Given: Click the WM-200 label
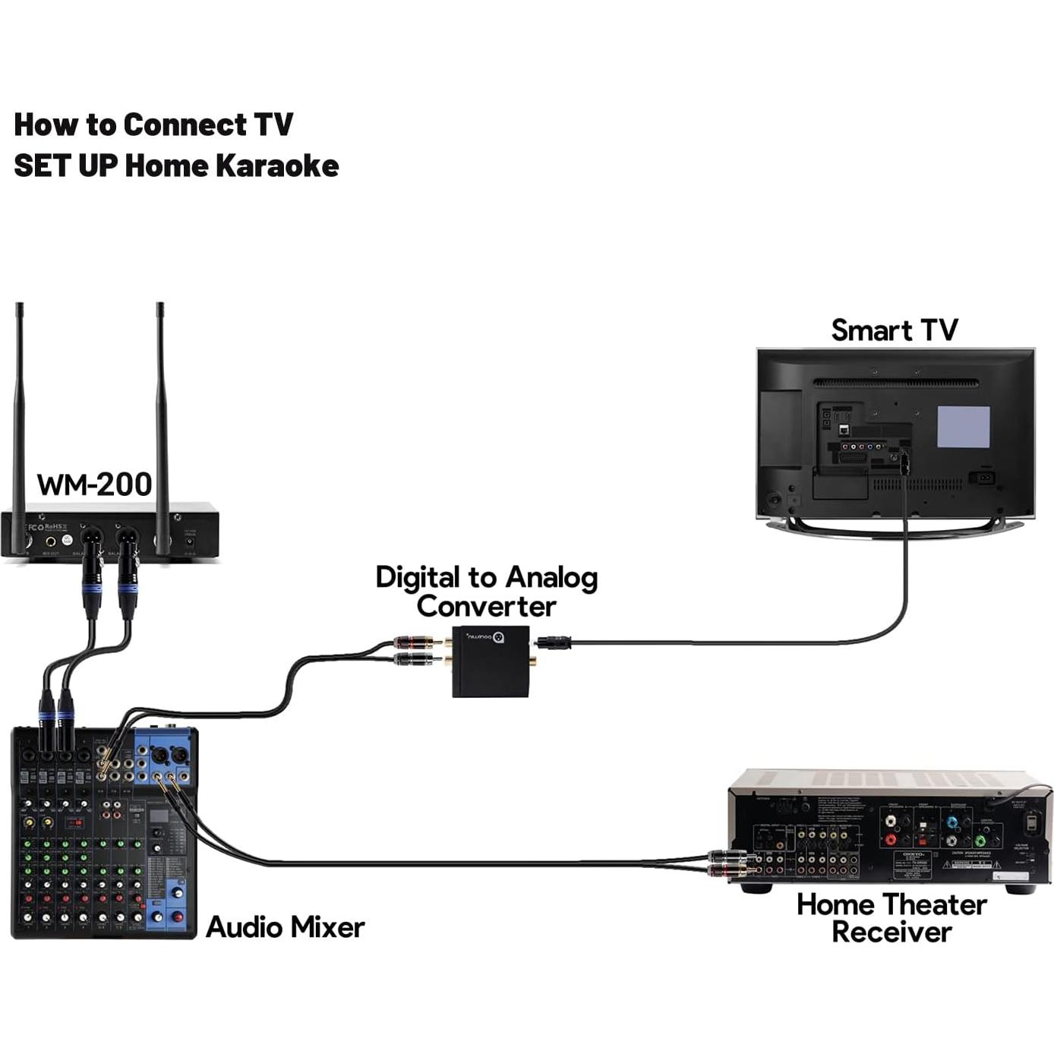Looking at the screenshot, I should point(94,484).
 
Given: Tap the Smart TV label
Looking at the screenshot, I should point(894,330).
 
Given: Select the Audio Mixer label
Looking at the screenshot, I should point(285,927).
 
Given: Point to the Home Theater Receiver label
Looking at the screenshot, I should point(891,918).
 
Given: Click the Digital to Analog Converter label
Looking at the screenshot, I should point(486,592).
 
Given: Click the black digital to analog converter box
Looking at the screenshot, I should point(491,661).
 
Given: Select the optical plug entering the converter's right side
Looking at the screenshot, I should point(553,643).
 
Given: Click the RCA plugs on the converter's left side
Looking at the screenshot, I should point(414,651).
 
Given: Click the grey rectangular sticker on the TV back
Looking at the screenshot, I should point(963,427).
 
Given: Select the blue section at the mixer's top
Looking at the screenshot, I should point(163,756).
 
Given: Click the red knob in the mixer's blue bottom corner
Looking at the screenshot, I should point(177,917).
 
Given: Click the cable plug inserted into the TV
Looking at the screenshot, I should point(904,463).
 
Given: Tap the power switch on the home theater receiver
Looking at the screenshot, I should point(1031,822).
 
